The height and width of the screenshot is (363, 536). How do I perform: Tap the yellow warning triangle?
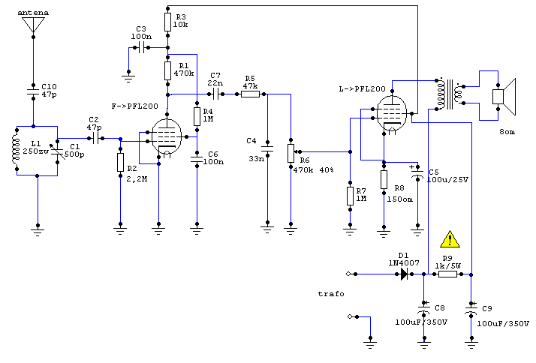click(x=449, y=239)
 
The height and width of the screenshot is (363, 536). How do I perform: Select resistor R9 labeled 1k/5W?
click(x=447, y=274)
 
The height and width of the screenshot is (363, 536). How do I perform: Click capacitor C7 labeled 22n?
click(x=215, y=94)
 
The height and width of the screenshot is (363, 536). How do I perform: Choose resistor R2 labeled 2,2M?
click(x=119, y=162)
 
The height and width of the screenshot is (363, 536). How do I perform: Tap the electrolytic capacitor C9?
click(x=471, y=309)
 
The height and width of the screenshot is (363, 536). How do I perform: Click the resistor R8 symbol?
click(x=384, y=180)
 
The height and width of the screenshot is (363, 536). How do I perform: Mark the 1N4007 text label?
click(x=403, y=262)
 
